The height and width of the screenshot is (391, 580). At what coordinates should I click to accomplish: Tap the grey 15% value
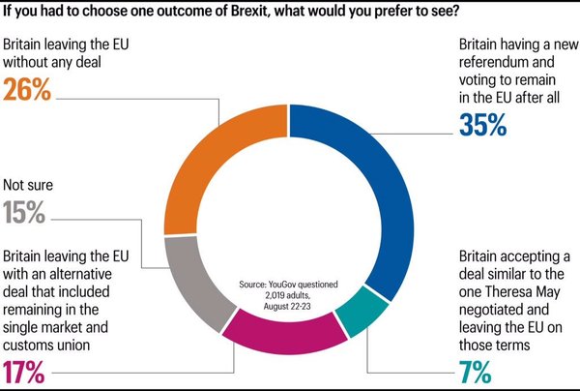pos(27,213)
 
